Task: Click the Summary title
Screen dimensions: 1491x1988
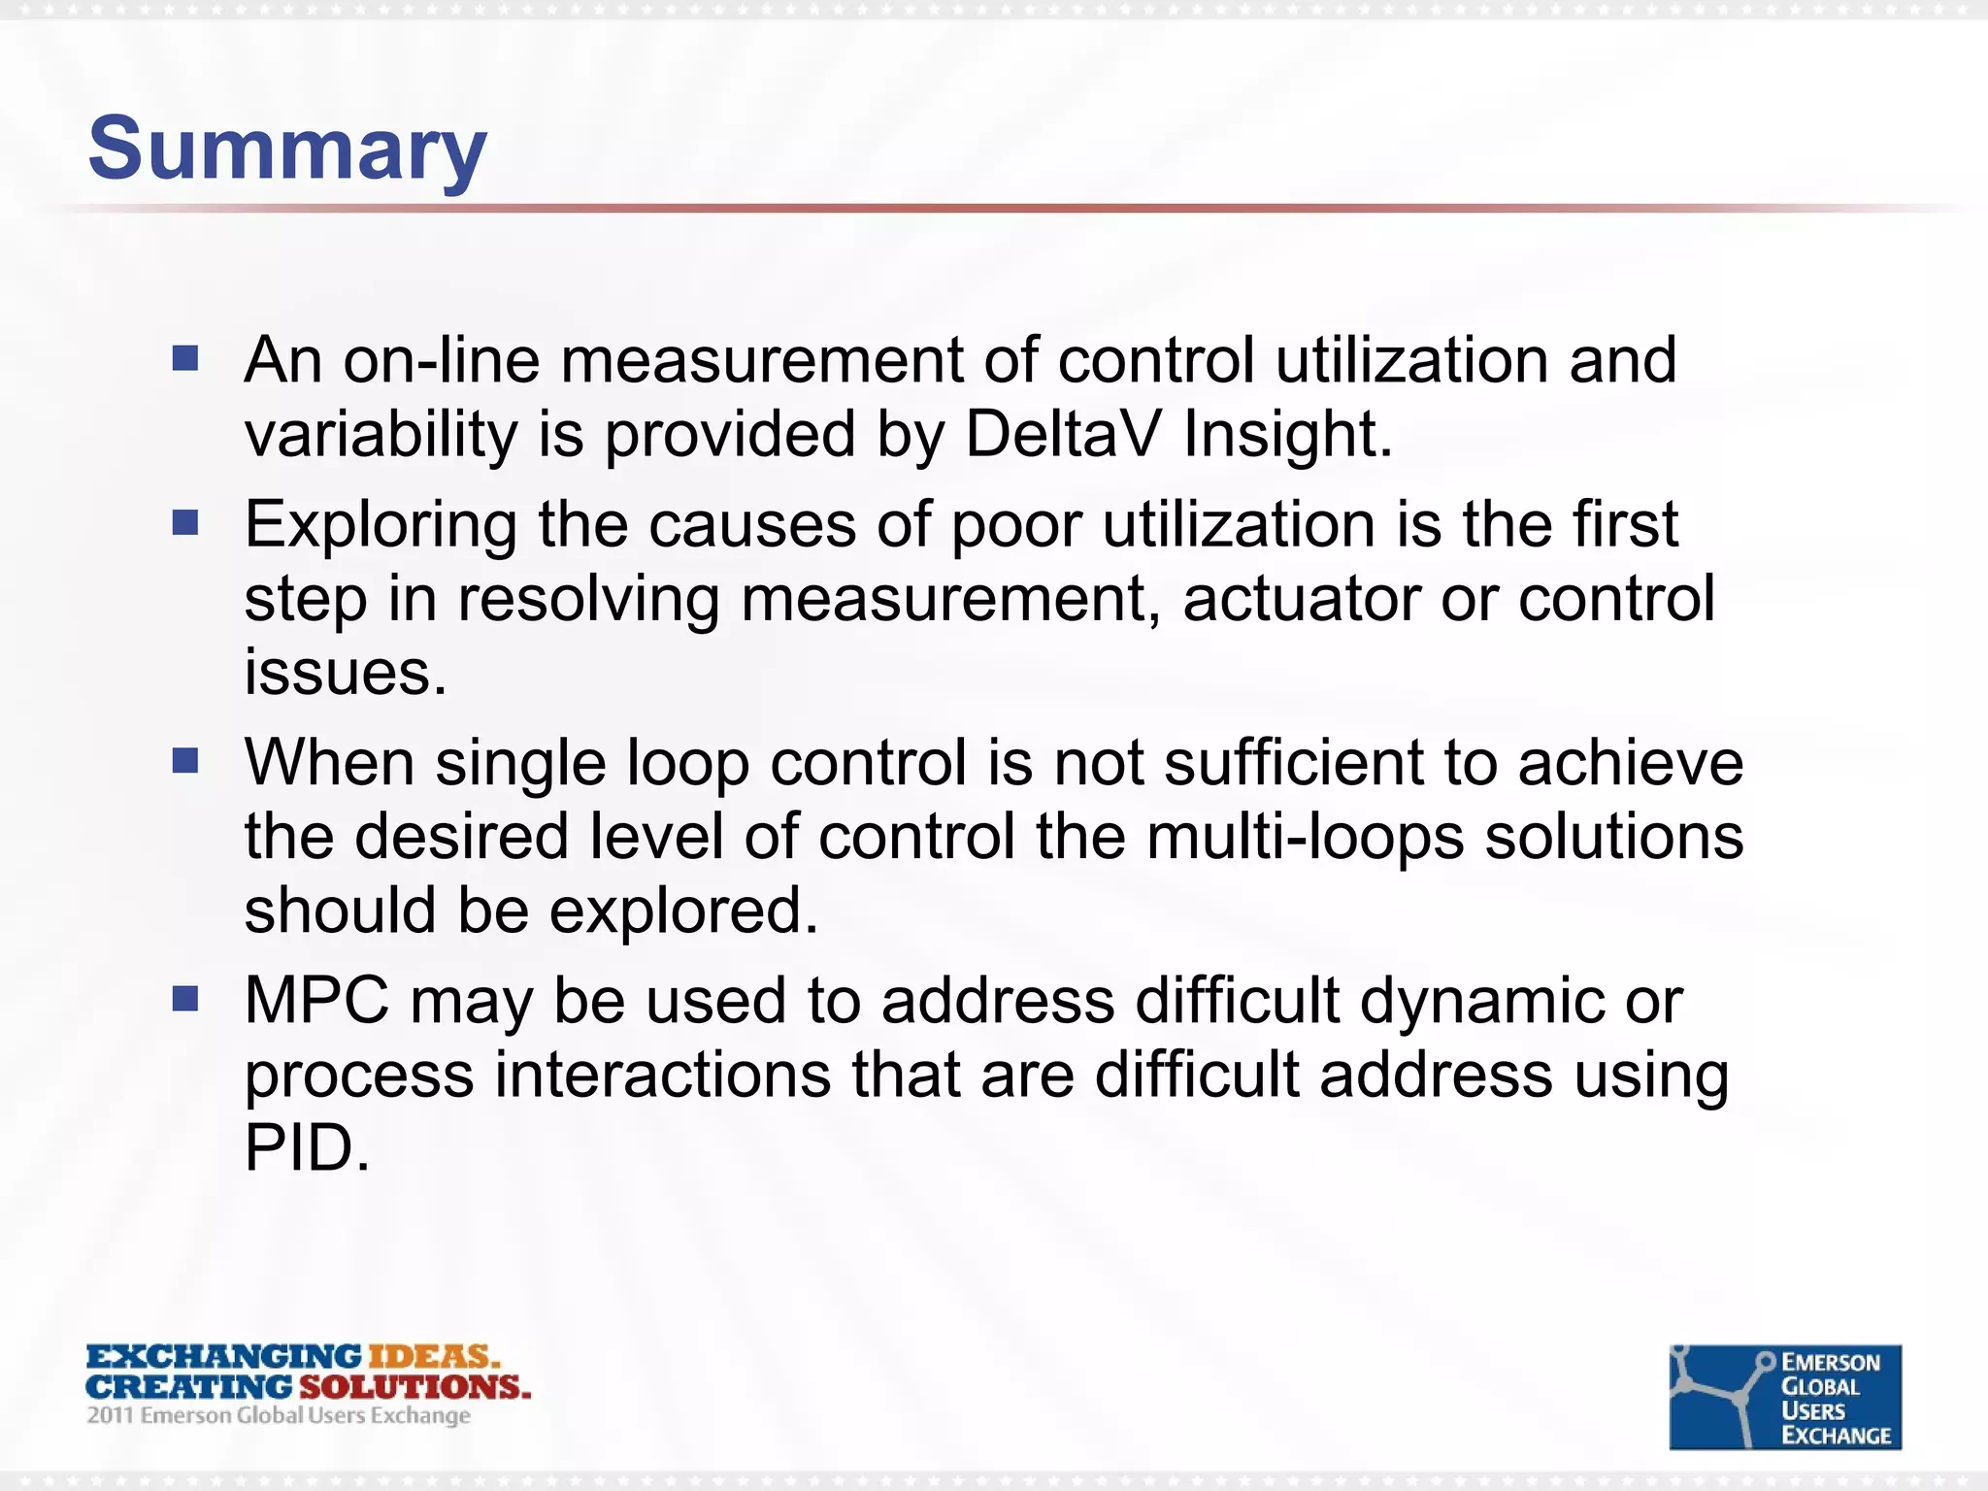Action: (x=286, y=149)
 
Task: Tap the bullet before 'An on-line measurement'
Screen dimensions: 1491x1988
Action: (x=185, y=359)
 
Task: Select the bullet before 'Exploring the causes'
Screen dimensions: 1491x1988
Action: (x=185, y=523)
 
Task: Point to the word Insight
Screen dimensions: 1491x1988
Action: (x=1287, y=435)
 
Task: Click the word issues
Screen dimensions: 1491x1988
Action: (x=345, y=672)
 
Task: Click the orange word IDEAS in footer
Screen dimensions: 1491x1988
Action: (x=433, y=1356)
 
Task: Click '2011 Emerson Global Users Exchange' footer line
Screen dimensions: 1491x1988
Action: (x=279, y=1415)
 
